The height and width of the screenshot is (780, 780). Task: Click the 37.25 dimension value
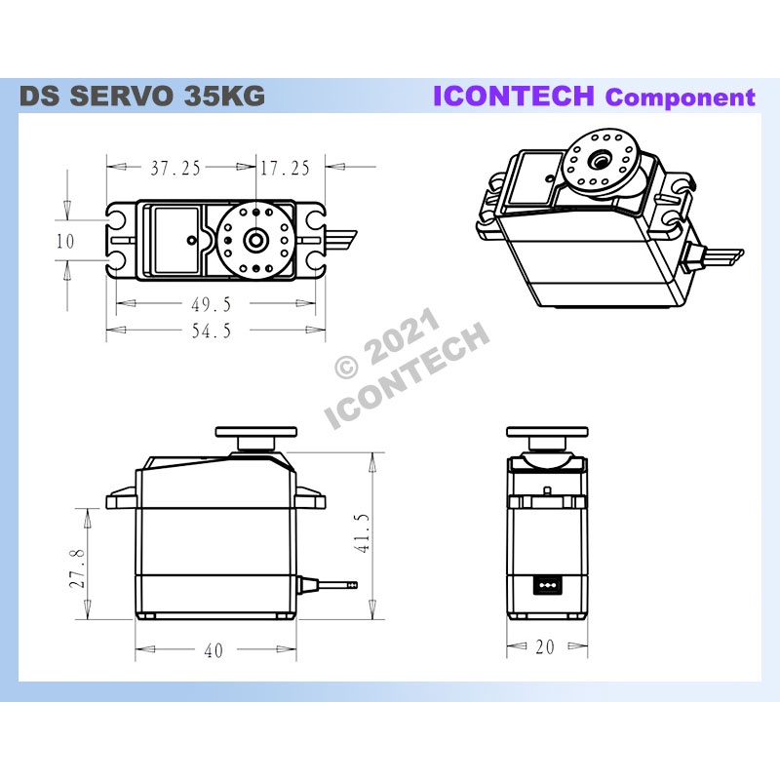point(175,168)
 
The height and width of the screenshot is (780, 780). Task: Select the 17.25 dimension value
point(285,168)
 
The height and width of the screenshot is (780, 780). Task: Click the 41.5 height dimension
point(363,534)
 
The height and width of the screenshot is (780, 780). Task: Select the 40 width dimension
point(213,650)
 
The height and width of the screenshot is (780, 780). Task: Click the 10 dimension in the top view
point(64,241)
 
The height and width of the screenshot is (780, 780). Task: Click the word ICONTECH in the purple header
point(514,96)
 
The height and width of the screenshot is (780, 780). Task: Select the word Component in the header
point(680,97)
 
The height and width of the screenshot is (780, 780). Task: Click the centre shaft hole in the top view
point(256,239)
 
